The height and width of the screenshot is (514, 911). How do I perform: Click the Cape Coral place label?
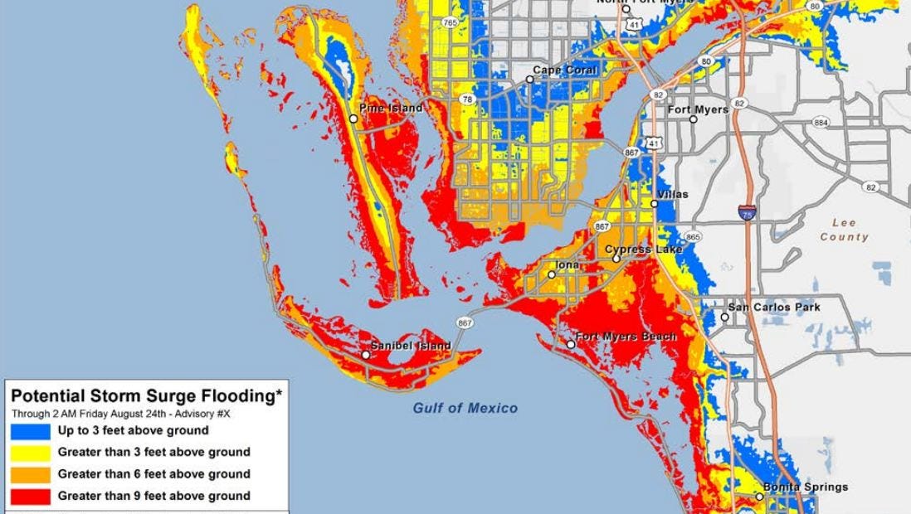(x=565, y=70)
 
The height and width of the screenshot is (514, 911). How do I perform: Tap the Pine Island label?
(x=391, y=108)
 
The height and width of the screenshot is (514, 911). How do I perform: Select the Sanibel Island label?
(x=411, y=345)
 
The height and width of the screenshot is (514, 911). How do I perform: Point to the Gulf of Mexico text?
(x=465, y=408)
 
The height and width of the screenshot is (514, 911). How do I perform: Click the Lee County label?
(x=844, y=230)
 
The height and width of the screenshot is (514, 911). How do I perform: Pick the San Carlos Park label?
(x=775, y=307)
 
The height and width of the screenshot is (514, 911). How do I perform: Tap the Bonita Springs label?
(x=794, y=487)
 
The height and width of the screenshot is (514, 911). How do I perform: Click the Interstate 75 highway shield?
(x=748, y=212)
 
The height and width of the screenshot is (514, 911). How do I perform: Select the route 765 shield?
(x=450, y=22)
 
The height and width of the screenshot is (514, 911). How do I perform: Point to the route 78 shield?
(x=467, y=99)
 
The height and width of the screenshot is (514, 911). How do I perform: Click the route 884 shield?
(x=821, y=123)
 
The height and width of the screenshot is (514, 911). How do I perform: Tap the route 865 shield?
(x=693, y=237)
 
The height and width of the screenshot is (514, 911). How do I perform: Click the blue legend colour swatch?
(x=30, y=431)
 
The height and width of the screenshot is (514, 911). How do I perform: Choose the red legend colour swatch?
(x=30, y=497)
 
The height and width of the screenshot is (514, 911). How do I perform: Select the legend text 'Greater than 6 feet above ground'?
(x=153, y=474)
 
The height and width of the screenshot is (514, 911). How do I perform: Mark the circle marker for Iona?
(x=552, y=274)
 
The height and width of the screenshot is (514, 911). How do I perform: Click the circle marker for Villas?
(x=655, y=204)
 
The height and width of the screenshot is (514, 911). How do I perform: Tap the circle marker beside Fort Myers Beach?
(x=571, y=344)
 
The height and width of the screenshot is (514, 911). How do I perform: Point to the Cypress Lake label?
(x=643, y=249)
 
